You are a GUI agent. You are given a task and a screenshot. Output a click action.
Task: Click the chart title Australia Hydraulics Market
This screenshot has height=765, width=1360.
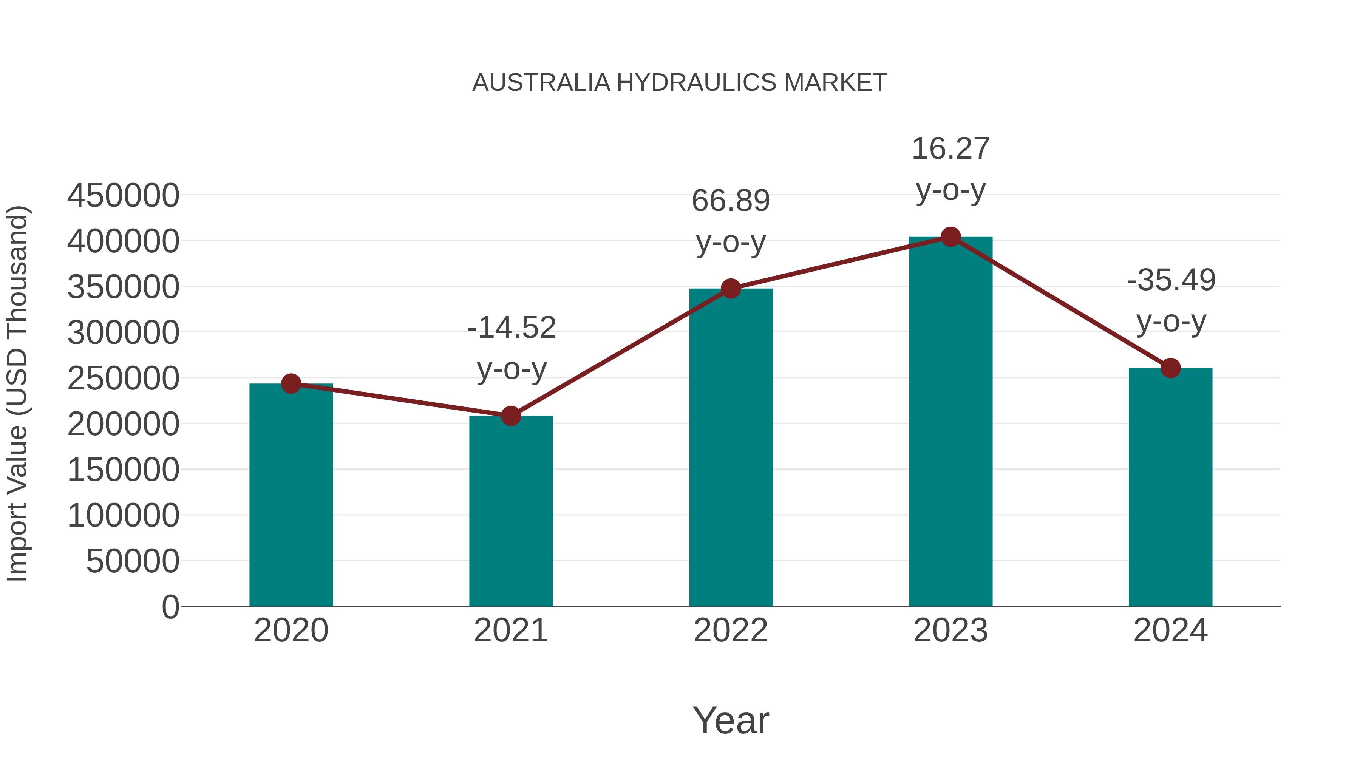pos(680,82)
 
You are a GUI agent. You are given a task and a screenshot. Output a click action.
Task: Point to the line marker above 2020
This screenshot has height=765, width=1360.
pos(291,384)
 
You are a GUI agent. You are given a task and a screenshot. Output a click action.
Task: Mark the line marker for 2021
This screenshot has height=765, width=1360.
pos(510,416)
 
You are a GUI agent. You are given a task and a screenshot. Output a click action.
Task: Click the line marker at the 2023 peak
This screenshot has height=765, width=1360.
pos(950,237)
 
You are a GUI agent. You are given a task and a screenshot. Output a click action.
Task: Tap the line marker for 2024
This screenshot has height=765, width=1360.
pos(1170,368)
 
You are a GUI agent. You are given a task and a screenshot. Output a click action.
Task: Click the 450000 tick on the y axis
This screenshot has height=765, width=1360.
pos(123,195)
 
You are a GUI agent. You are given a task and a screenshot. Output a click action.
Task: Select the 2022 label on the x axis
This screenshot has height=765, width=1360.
pos(731,631)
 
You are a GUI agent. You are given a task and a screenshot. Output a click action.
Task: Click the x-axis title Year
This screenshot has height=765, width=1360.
pos(731,720)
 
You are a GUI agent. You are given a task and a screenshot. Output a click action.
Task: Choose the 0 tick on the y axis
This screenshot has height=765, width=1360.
pos(170,607)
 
